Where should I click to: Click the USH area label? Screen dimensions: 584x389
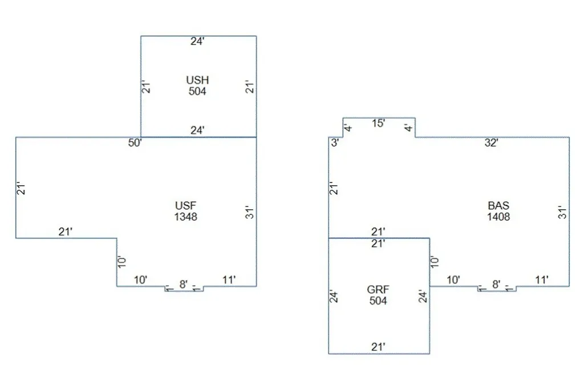point(197,80)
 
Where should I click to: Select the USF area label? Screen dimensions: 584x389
point(185,205)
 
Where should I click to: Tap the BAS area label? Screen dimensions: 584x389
point(498,205)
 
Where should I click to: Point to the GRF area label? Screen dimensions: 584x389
point(378,290)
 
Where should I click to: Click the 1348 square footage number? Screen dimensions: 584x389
point(185,217)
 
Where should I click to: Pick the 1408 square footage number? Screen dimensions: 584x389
point(498,217)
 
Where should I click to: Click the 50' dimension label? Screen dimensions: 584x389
point(135,143)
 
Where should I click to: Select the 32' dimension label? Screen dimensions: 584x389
point(491,143)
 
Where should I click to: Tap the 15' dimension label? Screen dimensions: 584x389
point(379,123)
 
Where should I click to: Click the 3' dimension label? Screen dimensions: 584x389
point(335,143)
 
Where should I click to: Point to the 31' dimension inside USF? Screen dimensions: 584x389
point(249,212)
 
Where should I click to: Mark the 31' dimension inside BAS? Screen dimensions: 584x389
point(562,212)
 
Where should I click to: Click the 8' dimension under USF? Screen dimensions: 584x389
point(183,284)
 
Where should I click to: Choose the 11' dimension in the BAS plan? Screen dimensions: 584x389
point(542,280)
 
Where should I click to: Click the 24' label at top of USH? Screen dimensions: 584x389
point(197,41)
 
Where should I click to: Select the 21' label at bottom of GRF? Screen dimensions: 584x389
point(378,347)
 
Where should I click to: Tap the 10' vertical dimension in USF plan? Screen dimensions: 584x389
point(122,261)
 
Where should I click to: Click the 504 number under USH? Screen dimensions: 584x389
point(197,91)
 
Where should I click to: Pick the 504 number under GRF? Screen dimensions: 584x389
point(378,301)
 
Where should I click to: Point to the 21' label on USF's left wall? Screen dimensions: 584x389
point(21,188)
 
